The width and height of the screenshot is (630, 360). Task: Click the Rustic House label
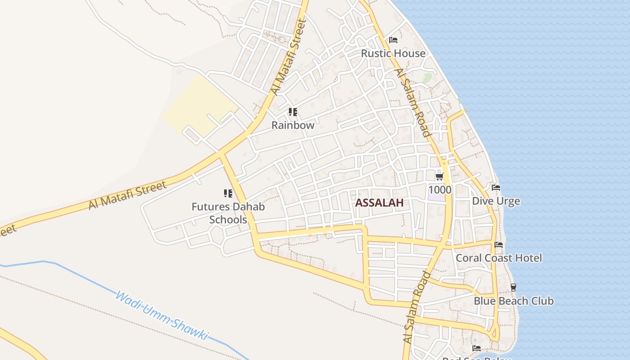coord(393,54)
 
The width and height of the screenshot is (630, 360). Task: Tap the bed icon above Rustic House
coord(393,40)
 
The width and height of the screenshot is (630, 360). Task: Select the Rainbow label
coord(292,126)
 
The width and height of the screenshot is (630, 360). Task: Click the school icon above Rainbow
coord(292,112)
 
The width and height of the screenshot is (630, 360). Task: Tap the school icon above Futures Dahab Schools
coord(228,193)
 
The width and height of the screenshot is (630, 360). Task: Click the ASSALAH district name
coord(379,203)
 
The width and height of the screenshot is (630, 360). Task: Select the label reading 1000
coord(440,190)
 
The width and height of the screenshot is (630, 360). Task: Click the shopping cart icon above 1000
coord(440,176)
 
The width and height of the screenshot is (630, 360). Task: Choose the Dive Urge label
coord(496,201)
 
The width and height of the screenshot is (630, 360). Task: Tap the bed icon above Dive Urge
coord(496,188)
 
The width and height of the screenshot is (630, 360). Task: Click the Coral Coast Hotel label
coord(499,258)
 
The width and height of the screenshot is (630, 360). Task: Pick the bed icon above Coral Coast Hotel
coord(499,245)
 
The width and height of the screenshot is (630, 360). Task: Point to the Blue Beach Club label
coord(513,301)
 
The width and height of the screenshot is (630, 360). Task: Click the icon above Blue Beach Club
coord(513,288)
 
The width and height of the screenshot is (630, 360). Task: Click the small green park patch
coord(427,78)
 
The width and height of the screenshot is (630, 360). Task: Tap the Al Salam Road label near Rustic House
coord(412,103)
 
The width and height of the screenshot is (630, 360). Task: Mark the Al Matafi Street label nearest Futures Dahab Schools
coord(127,195)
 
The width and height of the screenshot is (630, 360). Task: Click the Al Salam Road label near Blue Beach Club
coord(417,308)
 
